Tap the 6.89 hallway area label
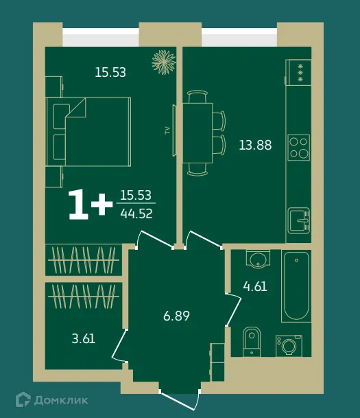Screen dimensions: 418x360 (176, 316)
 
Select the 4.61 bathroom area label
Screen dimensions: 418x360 (254, 286)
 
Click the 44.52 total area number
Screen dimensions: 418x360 (136, 213)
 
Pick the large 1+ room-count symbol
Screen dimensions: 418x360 (90, 205)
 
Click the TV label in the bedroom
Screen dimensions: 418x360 (167, 130)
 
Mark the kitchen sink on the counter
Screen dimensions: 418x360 (298, 220)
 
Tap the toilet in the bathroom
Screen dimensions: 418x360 (252, 342)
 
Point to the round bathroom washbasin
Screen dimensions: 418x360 (257, 259)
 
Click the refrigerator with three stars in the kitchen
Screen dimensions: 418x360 (299, 71)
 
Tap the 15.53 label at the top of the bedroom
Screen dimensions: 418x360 (110, 72)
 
